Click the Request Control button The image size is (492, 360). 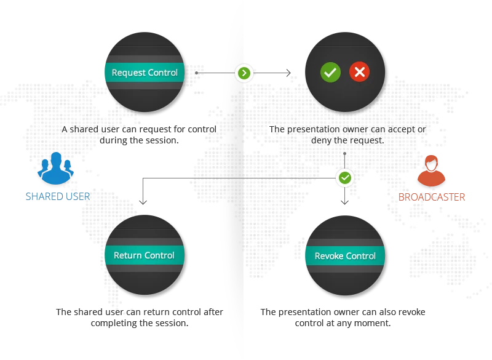(x=145, y=73)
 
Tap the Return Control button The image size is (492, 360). (x=145, y=255)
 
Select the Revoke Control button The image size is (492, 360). (x=345, y=256)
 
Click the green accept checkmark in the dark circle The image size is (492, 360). (x=330, y=73)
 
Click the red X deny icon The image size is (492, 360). (x=359, y=73)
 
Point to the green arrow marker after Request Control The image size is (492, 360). (x=244, y=73)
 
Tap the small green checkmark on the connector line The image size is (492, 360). (x=345, y=178)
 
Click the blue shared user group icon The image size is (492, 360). (x=55, y=170)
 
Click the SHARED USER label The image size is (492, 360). (x=57, y=197)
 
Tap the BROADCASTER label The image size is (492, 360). (x=432, y=197)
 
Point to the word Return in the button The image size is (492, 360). (x=127, y=255)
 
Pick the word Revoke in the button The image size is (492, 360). (x=328, y=256)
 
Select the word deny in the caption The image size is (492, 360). (x=322, y=140)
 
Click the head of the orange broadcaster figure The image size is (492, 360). (x=430, y=165)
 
